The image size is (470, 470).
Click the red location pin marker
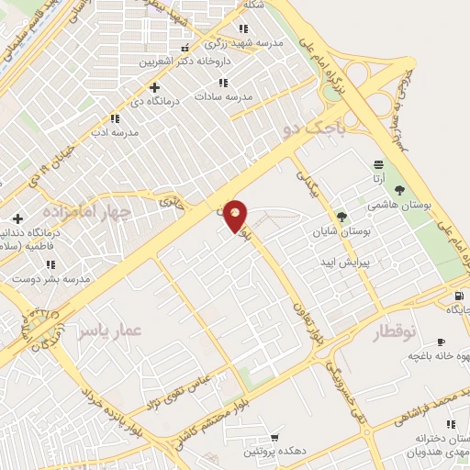236,215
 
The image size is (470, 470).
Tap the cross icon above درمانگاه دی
154,87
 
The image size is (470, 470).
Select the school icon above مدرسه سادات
244,83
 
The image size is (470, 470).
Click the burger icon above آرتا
378,163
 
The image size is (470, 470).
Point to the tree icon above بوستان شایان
342,217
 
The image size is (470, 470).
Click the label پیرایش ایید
343,262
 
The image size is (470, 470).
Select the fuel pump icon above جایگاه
458,297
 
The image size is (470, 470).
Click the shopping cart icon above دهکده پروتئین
274,437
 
